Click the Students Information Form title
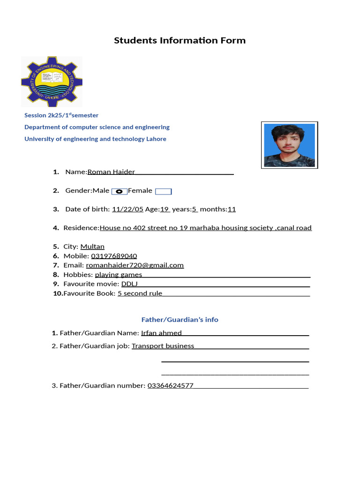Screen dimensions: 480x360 coord(180,40)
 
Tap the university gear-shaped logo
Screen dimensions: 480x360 coord(52,81)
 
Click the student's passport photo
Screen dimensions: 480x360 coord(289,145)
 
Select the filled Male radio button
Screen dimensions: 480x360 coord(119,191)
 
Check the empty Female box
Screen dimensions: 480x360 coord(163,191)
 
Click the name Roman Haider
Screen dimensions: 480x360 coord(111,172)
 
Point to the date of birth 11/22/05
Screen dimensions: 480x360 coord(127,209)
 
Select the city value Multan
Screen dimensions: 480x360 coord(92,247)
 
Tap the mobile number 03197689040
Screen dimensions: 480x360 coord(114,256)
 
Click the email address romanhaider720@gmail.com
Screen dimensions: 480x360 coord(135,265)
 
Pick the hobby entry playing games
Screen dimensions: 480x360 coord(118,275)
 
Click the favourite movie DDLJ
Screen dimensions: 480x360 coord(129,284)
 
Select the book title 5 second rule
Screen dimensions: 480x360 coord(140,293)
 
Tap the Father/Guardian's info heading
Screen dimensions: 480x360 coord(180,320)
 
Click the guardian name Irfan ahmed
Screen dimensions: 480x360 coord(161,333)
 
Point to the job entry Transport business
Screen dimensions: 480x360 coord(163,346)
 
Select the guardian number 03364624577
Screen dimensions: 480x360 coord(170,385)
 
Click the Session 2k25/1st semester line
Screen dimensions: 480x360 coord(61,115)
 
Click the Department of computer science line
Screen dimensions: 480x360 coord(97,127)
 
